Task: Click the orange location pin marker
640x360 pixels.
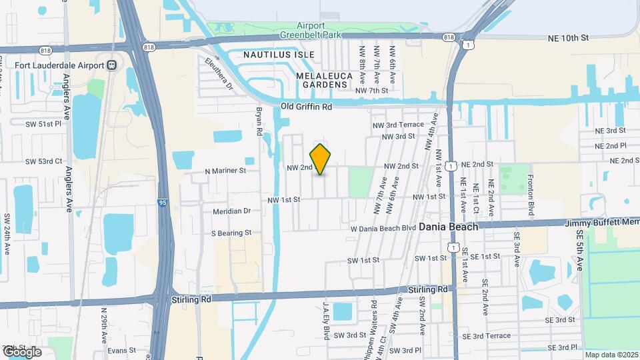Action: [x=321, y=159]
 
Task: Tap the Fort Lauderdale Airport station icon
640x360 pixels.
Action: [x=111, y=65]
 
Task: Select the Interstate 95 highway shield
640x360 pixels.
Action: [x=163, y=202]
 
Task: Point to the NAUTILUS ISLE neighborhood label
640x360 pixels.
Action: [x=277, y=53]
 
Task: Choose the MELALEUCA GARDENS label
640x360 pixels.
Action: [x=323, y=80]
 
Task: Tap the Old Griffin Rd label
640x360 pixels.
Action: [x=306, y=107]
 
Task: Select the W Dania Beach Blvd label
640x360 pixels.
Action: [x=383, y=228]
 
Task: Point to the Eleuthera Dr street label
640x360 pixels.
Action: [x=219, y=74]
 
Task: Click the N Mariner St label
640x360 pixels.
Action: [x=225, y=171]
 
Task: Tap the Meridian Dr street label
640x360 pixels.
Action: [x=231, y=211]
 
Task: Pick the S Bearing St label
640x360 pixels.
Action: [x=231, y=233]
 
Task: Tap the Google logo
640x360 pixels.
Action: [x=22, y=351]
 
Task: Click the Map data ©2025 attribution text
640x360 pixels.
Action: [x=611, y=355]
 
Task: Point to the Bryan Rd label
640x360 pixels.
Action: [x=258, y=123]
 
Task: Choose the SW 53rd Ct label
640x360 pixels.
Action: [x=43, y=161]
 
